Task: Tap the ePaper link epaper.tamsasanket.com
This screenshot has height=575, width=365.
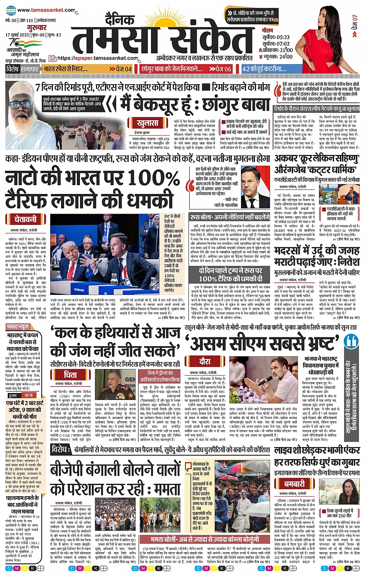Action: pos(98,58)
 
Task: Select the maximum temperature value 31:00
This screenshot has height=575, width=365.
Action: pos(286,50)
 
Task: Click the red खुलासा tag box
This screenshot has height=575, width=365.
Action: pos(148,123)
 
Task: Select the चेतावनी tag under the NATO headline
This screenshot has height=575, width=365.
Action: pos(25,219)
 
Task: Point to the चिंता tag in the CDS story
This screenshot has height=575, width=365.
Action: pos(70,374)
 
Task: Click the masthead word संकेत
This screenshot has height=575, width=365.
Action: pos(208,39)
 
